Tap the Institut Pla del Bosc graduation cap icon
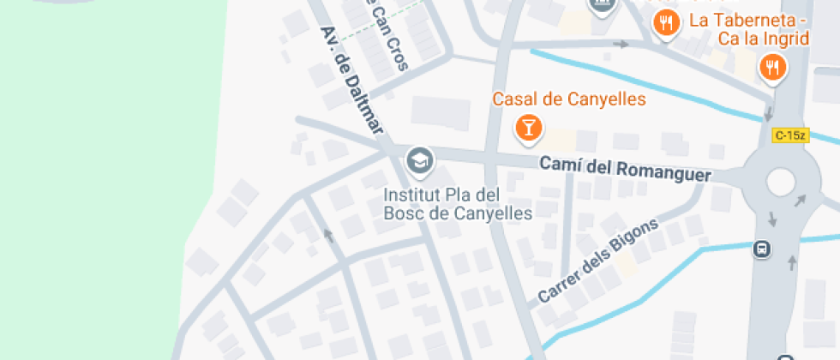pyautogui.click(x=419, y=159)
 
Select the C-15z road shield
pyautogui.click(x=790, y=135)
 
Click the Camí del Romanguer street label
pyautogui.click(x=625, y=168)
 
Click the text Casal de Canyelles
pyautogui.click(x=568, y=99)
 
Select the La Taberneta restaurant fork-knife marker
pyautogui.click(x=665, y=23)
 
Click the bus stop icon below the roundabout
pyautogui.click(x=760, y=249)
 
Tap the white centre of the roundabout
pyautogui.click(x=781, y=182)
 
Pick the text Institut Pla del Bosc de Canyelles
pyautogui.click(x=458, y=203)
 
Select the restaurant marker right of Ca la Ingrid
pyautogui.click(x=773, y=67)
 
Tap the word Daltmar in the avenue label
pyautogui.click(x=364, y=107)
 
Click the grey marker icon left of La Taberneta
pyautogui.click(x=603, y=5)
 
